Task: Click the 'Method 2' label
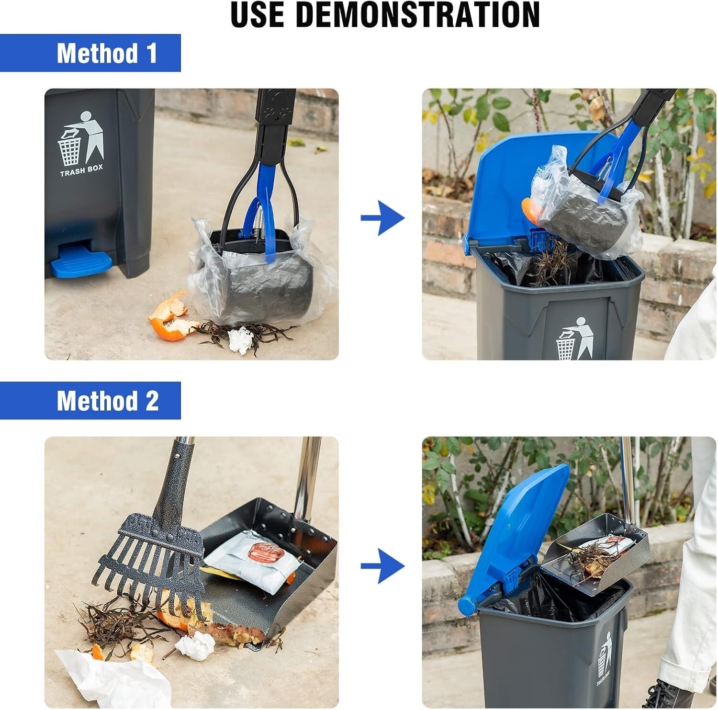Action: click(107, 401)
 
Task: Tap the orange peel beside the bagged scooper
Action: click(170, 319)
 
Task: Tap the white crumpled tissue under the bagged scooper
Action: click(240, 339)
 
